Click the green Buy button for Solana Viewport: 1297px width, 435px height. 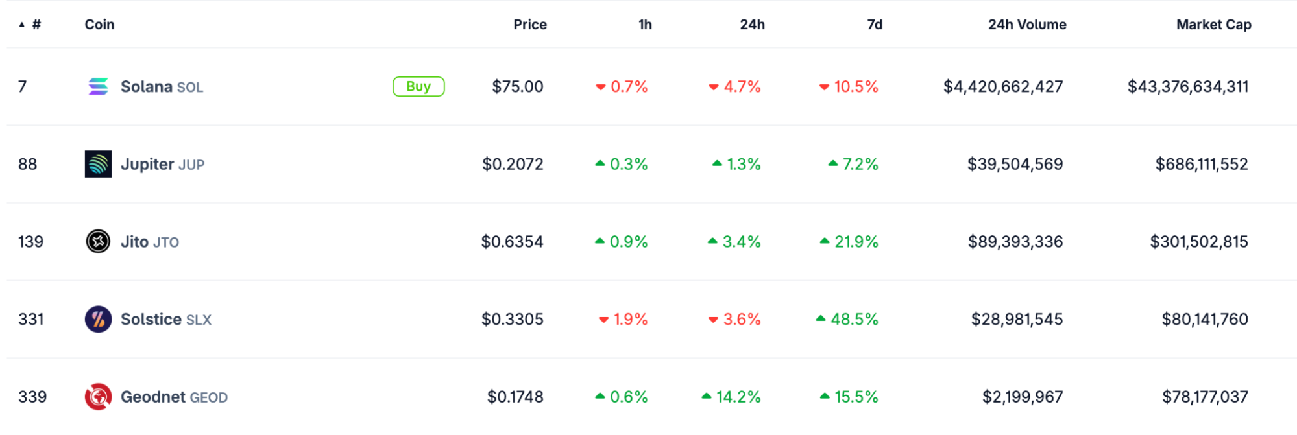pos(418,86)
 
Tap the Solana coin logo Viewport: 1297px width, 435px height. pos(98,86)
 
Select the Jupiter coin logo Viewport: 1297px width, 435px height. pos(98,164)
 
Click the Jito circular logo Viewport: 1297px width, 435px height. pos(98,241)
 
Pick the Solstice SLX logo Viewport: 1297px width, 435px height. pos(98,319)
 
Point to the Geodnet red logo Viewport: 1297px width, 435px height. pos(98,397)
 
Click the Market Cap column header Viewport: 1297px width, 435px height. pos(1214,25)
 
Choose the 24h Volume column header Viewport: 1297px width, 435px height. pos(1027,25)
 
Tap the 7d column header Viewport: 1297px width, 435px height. pos(875,25)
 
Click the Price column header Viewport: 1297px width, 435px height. pos(530,25)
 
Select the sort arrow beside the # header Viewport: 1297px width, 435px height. pos(22,25)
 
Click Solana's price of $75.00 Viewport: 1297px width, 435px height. pos(518,86)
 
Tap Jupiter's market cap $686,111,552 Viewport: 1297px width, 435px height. pos(1202,164)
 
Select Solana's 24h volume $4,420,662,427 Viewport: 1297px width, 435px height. pos(1003,86)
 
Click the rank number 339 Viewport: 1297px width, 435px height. pos(32,397)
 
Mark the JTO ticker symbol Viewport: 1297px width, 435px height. pos(166,242)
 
